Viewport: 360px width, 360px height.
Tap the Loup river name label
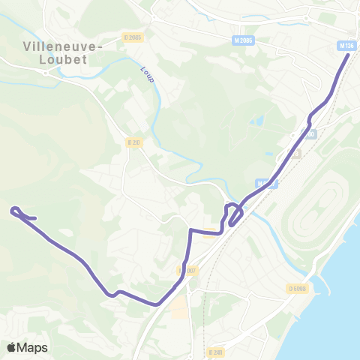(x=145, y=73)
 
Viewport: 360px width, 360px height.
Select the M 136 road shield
(x=346, y=46)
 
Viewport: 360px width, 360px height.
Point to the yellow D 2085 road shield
(x=132, y=37)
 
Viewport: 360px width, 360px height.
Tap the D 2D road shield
(x=134, y=142)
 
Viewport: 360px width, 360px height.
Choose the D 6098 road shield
(x=297, y=288)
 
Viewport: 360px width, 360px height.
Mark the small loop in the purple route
(x=234, y=211)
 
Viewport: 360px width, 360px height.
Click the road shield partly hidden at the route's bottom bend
(x=187, y=270)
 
